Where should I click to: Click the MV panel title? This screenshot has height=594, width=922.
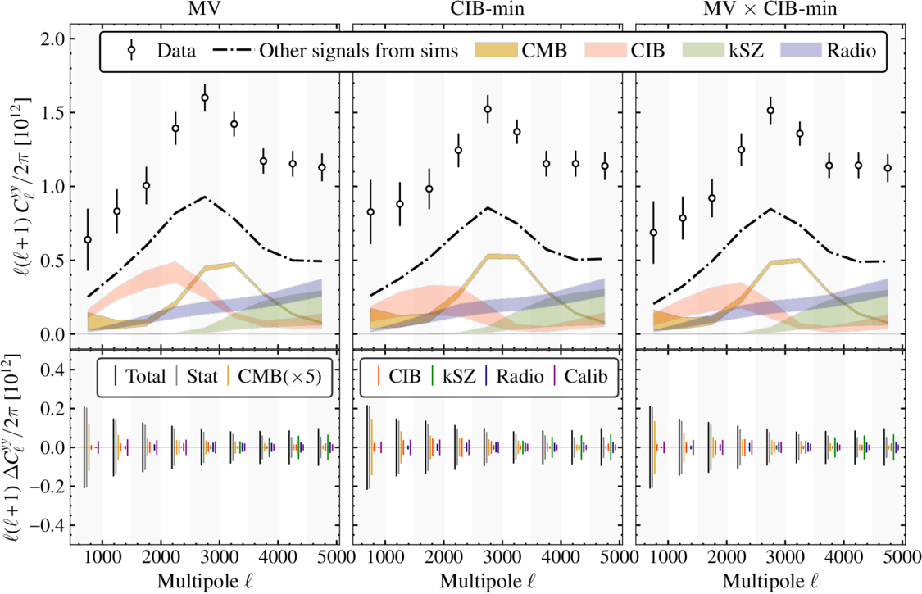click(207, 10)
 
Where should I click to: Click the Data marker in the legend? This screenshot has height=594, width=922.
click(131, 52)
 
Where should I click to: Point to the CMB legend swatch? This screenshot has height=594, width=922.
click(495, 52)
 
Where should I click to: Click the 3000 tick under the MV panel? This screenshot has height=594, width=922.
click(219, 556)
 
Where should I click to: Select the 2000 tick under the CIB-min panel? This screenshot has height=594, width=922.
click(444, 556)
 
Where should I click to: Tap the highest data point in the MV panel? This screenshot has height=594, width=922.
click(205, 97)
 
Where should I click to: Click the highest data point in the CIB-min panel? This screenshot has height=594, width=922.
click(488, 109)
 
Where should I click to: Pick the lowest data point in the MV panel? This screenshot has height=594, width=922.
click(88, 239)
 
